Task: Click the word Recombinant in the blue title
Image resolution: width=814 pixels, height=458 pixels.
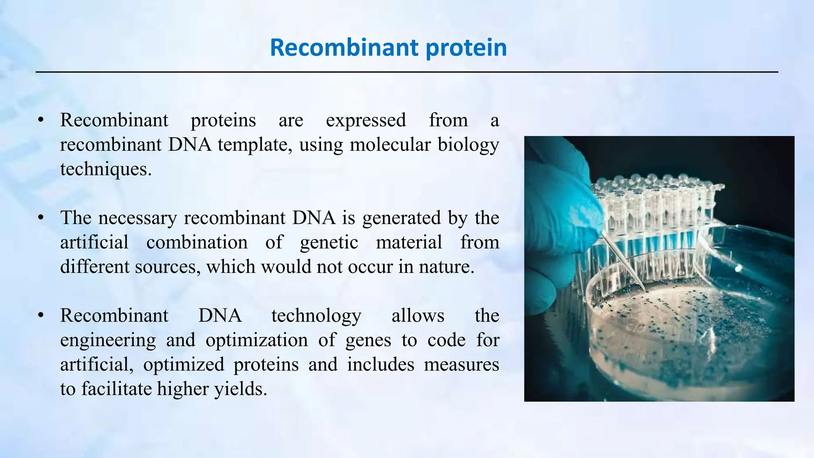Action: click(344, 48)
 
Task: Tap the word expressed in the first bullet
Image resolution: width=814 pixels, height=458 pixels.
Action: click(366, 120)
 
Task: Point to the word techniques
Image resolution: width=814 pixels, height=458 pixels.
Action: click(106, 169)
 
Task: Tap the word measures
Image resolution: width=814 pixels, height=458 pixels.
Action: click(461, 365)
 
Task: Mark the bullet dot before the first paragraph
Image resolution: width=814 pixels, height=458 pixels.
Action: click(41, 120)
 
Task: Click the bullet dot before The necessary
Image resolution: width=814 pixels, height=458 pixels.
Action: click(41, 217)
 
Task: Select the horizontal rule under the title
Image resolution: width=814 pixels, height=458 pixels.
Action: click(407, 72)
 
